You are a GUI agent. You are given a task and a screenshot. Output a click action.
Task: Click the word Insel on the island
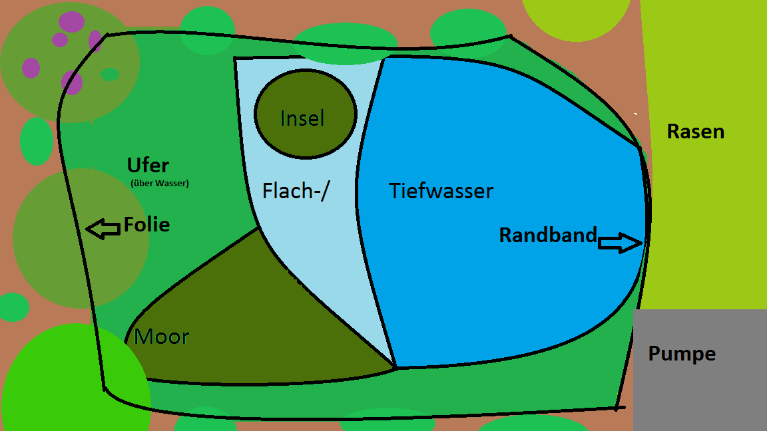[x=302, y=118]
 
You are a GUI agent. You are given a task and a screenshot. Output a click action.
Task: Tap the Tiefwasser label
[x=441, y=192]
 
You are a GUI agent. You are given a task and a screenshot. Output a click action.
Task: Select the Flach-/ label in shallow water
[x=296, y=192]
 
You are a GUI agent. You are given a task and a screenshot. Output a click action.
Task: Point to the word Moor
[x=162, y=337]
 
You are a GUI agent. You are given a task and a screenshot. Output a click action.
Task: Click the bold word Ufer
[x=148, y=165]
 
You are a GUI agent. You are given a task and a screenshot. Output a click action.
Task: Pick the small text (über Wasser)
[x=160, y=184]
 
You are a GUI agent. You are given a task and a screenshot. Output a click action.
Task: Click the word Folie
[x=146, y=225]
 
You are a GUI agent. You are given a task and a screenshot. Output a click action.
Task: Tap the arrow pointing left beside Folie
[x=103, y=229]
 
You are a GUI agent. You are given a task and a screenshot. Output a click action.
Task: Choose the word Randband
[x=547, y=235]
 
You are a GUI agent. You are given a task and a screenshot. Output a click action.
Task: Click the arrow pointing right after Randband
[x=620, y=243]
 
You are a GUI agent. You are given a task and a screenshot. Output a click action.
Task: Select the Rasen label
[x=695, y=132]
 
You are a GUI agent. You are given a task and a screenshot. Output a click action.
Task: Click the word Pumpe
[x=682, y=353]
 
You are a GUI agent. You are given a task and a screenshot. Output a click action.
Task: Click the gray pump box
[x=699, y=392]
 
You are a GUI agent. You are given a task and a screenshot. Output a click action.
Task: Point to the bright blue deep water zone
[x=506, y=279]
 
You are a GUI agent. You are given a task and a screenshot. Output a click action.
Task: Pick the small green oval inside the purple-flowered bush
[x=110, y=74]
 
